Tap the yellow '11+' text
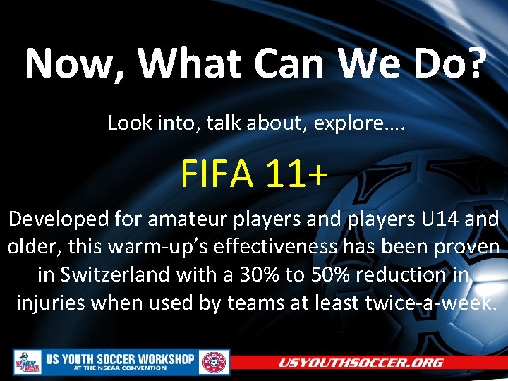tap(297, 174)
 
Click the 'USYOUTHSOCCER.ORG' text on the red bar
tap(361, 363)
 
